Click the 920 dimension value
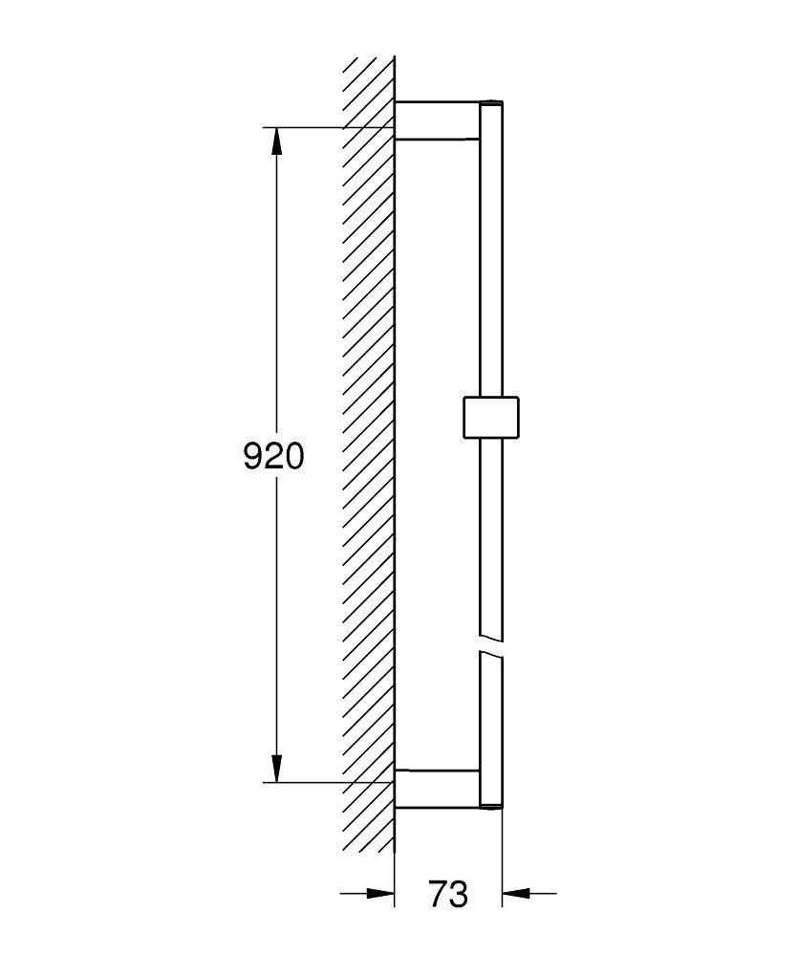[x=274, y=456]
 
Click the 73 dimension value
[x=447, y=895]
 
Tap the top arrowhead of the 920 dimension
[x=277, y=141]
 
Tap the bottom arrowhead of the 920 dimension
[x=277, y=768]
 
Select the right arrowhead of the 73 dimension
[x=517, y=895]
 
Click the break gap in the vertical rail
[x=490, y=643]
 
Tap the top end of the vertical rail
[x=490, y=103]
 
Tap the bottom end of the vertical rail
[x=490, y=806]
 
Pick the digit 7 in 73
[x=437, y=895]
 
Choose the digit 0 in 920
[x=294, y=456]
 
